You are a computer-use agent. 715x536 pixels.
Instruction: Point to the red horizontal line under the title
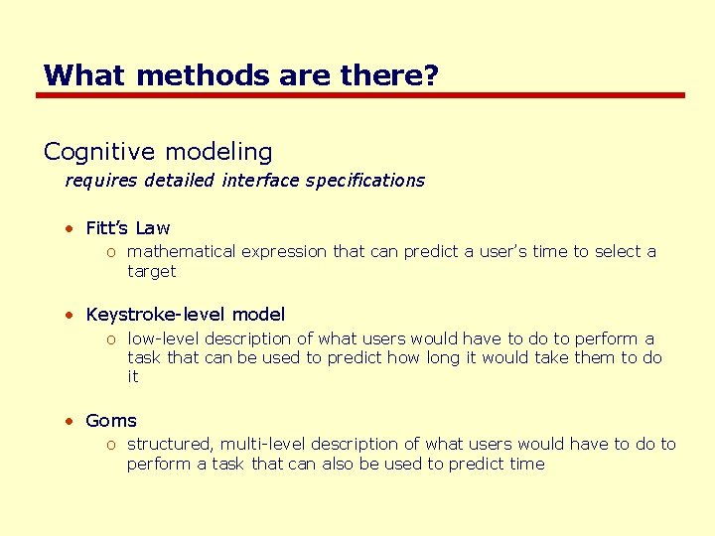360,95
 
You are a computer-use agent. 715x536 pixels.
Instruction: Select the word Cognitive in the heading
99,152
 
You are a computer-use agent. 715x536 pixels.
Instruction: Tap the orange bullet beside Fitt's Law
71,229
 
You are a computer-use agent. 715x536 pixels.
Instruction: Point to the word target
151,271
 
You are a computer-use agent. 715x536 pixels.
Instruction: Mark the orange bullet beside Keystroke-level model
71,316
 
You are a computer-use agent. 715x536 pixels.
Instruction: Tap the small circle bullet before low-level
112,339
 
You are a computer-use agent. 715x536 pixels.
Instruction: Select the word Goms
111,421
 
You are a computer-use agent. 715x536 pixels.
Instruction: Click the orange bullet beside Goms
71,422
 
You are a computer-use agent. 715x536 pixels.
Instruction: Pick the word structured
170,445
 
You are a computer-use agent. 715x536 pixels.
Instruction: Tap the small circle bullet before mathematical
112,253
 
